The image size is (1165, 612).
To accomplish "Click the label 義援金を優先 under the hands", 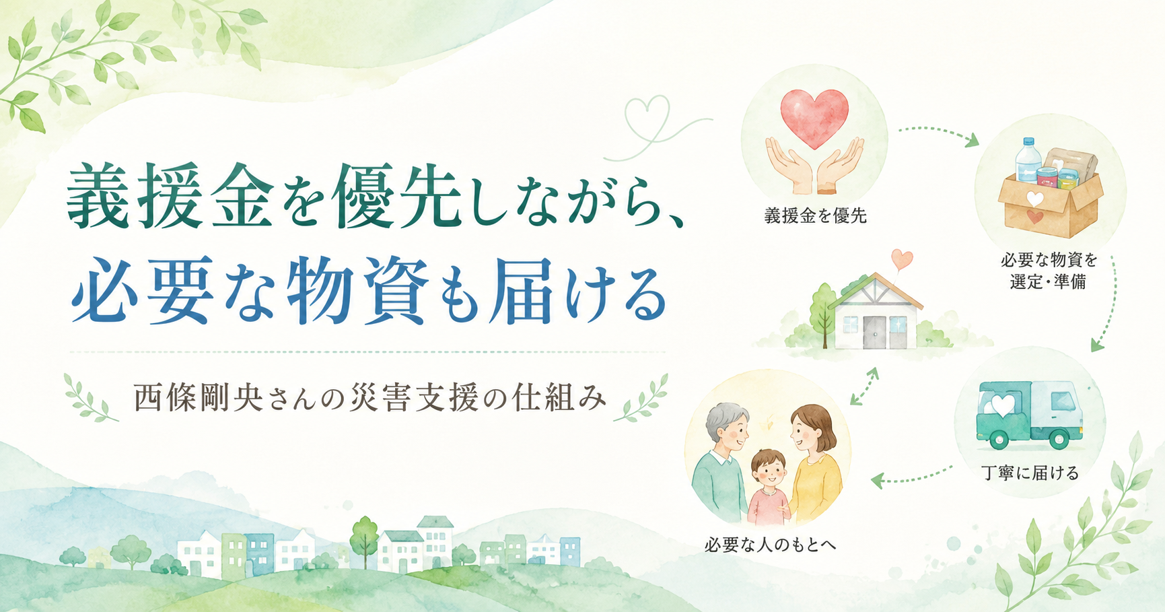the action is [815, 216].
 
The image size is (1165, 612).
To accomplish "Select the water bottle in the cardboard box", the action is [1027, 160].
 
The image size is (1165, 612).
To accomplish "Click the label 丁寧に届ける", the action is [1030, 473].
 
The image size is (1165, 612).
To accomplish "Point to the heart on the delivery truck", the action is [1002, 405].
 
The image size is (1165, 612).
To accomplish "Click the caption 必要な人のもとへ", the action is [770, 545].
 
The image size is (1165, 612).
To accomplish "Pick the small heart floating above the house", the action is [902, 259].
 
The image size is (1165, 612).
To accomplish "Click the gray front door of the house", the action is [876, 332].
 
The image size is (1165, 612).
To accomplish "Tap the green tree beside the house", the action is [824, 311].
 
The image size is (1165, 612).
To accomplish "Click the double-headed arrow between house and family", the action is [864, 386].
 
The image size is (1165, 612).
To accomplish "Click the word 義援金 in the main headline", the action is [170, 196].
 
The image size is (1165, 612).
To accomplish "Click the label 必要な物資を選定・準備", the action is [1049, 271].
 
